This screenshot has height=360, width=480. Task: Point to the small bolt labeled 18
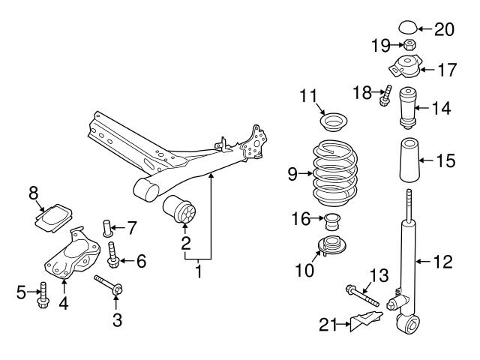[385, 97]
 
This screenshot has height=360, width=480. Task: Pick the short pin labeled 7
[106, 225]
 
